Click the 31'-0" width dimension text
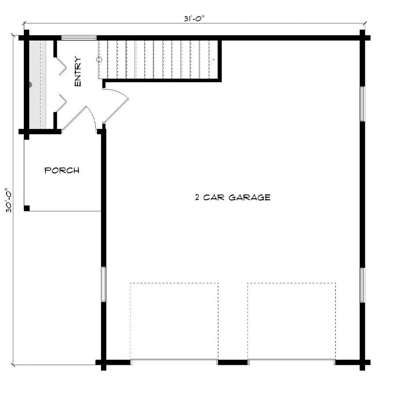tap(194, 19)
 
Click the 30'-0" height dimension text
tap(9, 200)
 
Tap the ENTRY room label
tap(78, 71)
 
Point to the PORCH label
tap(62, 170)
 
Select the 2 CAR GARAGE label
tap(232, 197)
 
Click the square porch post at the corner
tap(27, 208)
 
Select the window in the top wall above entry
tap(79, 38)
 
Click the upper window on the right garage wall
tap(362, 104)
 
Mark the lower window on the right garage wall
tap(362, 285)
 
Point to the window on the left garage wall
tap(104, 284)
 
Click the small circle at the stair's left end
tap(99, 60)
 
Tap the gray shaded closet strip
tap(38, 84)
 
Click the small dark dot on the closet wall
tap(30, 85)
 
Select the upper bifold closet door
tap(61, 66)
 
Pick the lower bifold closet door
tap(61, 103)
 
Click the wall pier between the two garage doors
tap(232, 362)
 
